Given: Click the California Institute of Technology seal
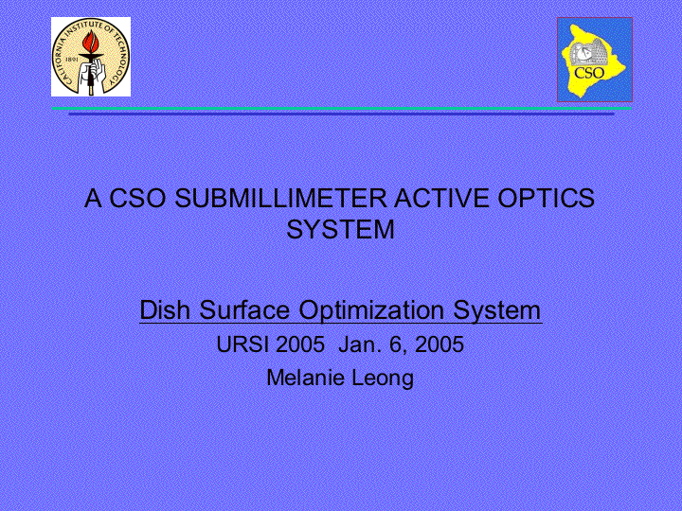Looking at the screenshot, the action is [x=91, y=57].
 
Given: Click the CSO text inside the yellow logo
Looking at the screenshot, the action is [x=589, y=72].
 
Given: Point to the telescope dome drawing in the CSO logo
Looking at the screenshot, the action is [x=588, y=52].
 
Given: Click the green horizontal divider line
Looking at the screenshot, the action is [x=341, y=108].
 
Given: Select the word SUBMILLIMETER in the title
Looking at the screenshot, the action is [x=280, y=198].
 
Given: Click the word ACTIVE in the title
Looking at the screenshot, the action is [x=442, y=198].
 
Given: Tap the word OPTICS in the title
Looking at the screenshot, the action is [x=546, y=198].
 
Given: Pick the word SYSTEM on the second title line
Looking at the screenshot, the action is [x=341, y=229].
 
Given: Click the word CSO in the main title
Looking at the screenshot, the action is [x=137, y=198].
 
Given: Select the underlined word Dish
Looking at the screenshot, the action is [x=165, y=309].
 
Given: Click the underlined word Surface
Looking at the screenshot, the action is [x=244, y=309].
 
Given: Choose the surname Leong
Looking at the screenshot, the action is [x=383, y=379].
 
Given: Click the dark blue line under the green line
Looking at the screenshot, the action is [x=341, y=114].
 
